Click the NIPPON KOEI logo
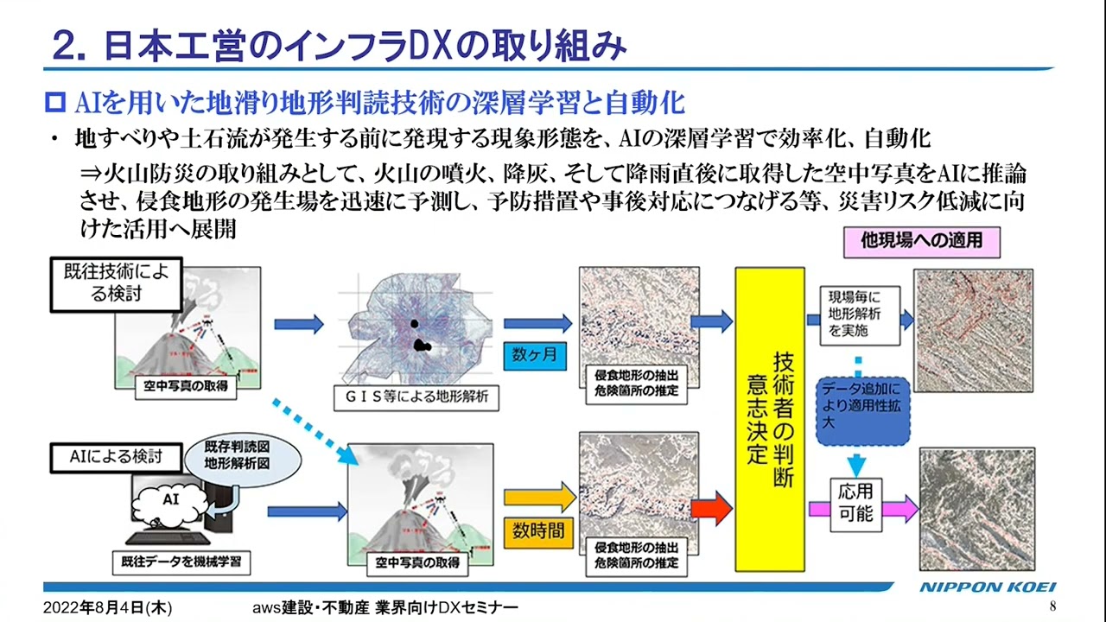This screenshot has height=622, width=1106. [x=987, y=587]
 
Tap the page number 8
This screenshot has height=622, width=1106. [x=1052, y=606]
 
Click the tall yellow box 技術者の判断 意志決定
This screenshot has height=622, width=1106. [x=770, y=419]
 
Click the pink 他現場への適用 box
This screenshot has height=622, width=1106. [x=921, y=240]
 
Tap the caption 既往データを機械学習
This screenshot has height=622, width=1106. [x=181, y=563]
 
